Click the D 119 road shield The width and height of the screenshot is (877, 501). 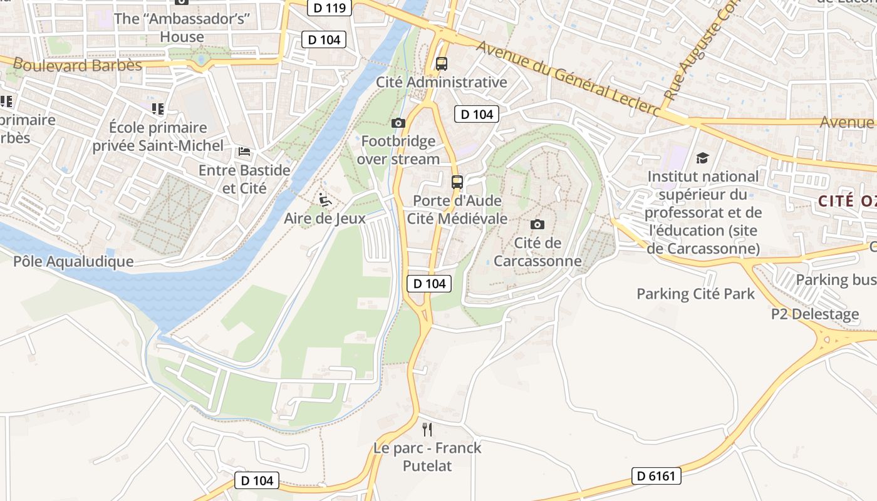pyautogui.click(x=330, y=8)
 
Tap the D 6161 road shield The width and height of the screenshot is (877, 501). pyautogui.click(x=656, y=476)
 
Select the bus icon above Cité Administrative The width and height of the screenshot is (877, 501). pyautogui.click(x=442, y=63)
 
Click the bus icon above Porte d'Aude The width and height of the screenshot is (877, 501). pyautogui.click(x=457, y=182)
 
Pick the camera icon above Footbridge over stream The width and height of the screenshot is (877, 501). pyautogui.click(x=398, y=123)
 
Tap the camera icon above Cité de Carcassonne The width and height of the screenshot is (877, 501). pyautogui.click(x=537, y=224)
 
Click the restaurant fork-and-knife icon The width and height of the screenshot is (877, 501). pyautogui.click(x=427, y=429)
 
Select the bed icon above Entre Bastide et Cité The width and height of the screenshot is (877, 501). pyautogui.click(x=244, y=152)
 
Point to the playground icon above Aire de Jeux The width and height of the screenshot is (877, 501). pyautogui.click(x=324, y=200)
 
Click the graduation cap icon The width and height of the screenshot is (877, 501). pyautogui.click(x=702, y=158)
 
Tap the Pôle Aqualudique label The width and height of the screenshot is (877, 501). pyautogui.click(x=73, y=262)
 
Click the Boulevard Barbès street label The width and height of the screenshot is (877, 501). pyautogui.click(x=78, y=65)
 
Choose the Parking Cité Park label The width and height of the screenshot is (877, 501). pyautogui.click(x=695, y=294)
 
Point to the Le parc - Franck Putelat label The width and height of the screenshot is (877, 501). pyautogui.click(x=427, y=457)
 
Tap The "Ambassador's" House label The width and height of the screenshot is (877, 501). pyautogui.click(x=182, y=28)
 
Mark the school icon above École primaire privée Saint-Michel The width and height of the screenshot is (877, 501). pyautogui.click(x=158, y=109)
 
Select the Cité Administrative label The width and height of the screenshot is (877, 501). pyautogui.click(x=441, y=82)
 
